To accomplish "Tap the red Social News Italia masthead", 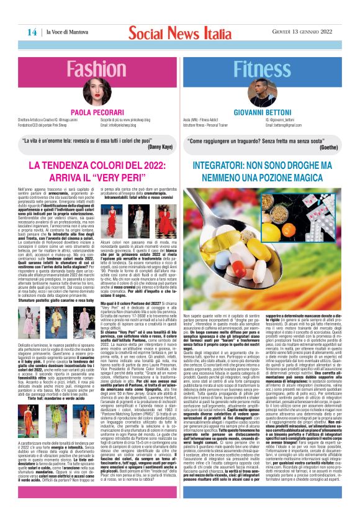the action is [180, 32].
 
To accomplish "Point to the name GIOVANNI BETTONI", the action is [266, 111].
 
